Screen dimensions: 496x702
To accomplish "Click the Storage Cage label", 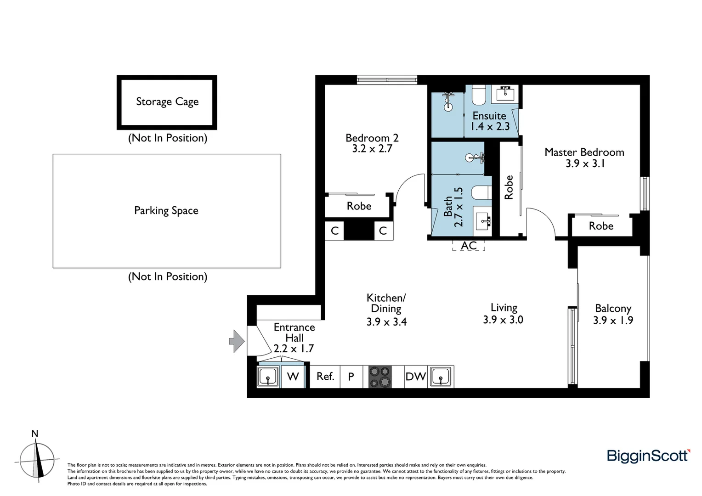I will click(x=167, y=101).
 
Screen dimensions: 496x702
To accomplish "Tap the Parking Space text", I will click(x=166, y=210).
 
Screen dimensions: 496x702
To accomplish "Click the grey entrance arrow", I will click(x=237, y=341).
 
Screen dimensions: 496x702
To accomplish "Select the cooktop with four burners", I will click(x=380, y=377).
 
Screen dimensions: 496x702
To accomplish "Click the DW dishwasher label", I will click(x=415, y=377).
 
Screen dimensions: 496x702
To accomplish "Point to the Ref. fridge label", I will click(x=325, y=377).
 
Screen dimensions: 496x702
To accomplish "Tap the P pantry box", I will click(x=351, y=377).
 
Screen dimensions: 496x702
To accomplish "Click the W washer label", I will click(x=293, y=377).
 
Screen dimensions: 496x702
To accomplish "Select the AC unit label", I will click(x=469, y=246).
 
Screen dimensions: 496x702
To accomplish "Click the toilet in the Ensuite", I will click(x=479, y=95).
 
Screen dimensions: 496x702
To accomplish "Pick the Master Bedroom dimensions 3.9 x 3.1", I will click(x=585, y=163).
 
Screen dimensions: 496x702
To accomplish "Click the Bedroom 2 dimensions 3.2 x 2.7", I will click(x=372, y=149).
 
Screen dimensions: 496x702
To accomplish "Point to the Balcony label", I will click(x=613, y=308).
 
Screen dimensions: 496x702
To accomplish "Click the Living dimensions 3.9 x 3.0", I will click(x=503, y=320).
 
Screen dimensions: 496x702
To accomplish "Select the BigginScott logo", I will click(x=648, y=456).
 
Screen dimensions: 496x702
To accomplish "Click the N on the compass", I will click(x=34, y=434).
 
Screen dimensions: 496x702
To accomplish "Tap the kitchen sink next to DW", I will click(x=441, y=377).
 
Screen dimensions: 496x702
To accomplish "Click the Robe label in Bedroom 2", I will click(x=359, y=206).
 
